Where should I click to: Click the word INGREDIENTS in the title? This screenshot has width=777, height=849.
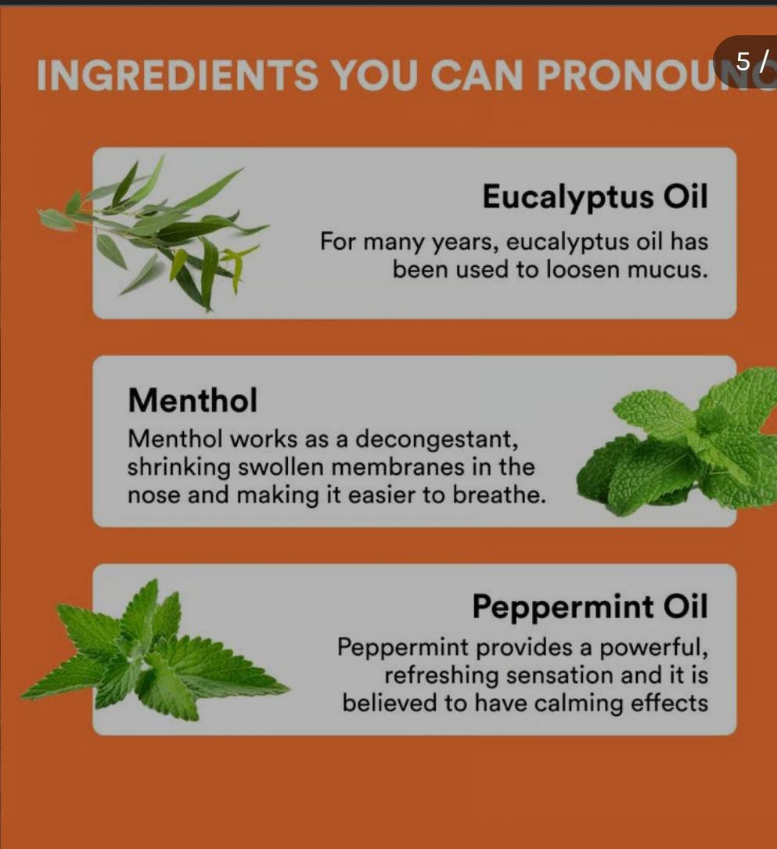pos(177,74)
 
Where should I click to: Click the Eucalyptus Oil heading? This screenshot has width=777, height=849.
pos(595,198)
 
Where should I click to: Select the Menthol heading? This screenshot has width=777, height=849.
pos(192,400)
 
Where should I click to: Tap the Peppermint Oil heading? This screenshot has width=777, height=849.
pos(590,607)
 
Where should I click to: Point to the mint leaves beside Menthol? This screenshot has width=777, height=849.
pos(677,441)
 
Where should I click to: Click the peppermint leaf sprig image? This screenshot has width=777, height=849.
pos(154,649)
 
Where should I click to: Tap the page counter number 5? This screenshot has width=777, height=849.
pos(743,61)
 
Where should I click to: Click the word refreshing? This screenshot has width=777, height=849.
pos(441,676)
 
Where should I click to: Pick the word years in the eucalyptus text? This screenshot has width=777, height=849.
pos(464,242)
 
